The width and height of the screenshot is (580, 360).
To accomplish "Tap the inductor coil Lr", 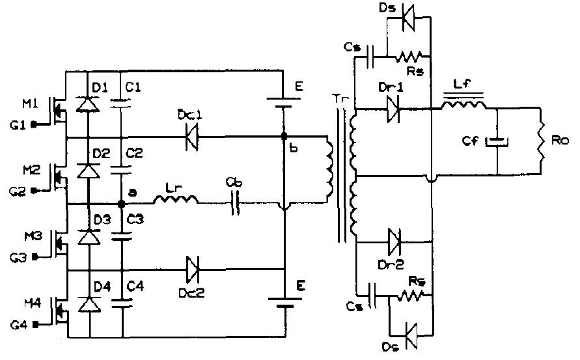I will click(x=174, y=201).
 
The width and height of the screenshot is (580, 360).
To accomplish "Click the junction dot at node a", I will click(x=122, y=204).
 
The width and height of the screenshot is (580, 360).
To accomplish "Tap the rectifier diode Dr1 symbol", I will click(x=393, y=110).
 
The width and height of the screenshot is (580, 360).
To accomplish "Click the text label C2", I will click(x=134, y=154).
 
